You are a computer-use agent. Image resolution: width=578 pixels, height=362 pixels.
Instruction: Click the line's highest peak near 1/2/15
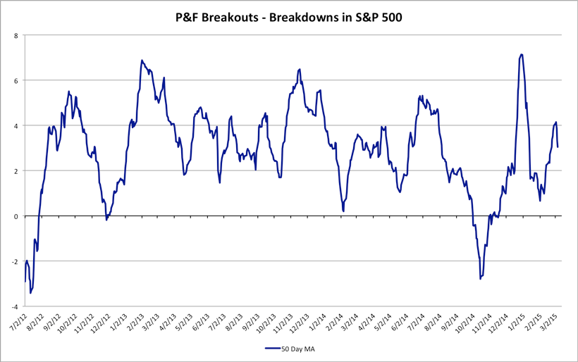pos(521,54)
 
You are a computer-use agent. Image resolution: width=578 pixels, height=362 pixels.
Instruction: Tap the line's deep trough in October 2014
pos(480,279)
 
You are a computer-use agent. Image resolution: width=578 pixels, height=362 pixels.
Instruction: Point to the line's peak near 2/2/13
pos(142,61)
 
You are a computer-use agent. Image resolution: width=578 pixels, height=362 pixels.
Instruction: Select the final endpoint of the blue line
pos(558,146)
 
